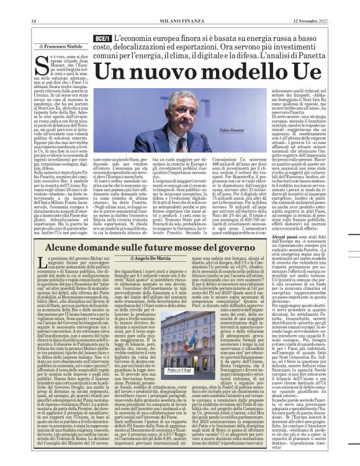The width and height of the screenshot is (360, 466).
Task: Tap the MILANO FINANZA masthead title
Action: point(180,21)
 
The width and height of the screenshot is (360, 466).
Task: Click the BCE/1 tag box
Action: point(102,38)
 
